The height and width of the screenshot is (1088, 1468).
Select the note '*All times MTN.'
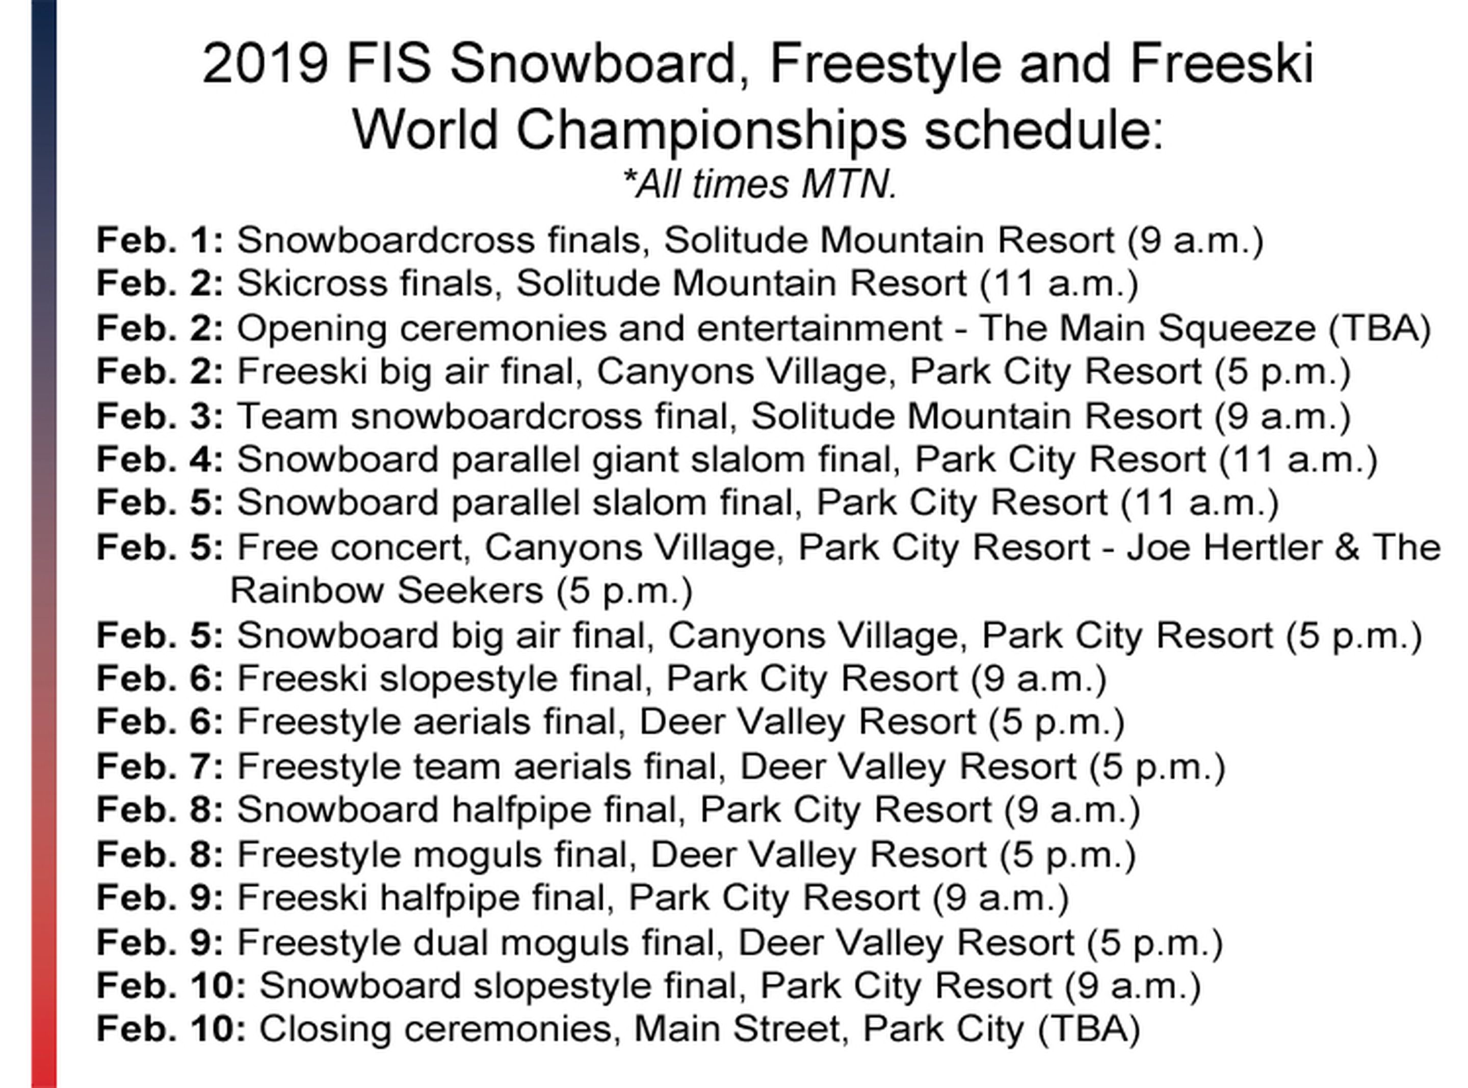pos(760,184)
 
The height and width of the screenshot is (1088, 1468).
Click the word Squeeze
pos(1236,329)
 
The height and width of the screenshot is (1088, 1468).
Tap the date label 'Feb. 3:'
pos(160,416)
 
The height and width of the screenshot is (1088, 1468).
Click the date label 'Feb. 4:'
pos(160,460)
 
